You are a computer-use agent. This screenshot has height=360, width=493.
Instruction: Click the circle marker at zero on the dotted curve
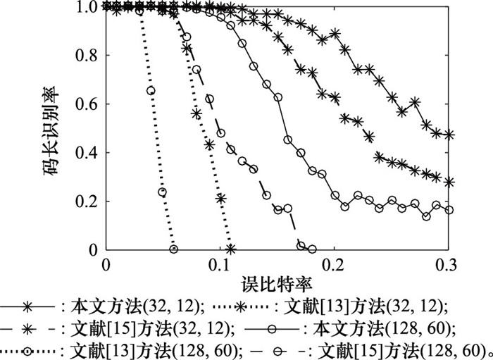[x=174, y=249]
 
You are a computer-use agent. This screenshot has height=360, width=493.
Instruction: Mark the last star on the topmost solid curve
[x=449, y=135]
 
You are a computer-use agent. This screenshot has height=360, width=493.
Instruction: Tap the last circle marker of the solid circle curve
[x=449, y=210]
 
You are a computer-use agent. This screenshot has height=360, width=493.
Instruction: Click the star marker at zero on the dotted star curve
[x=231, y=249]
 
